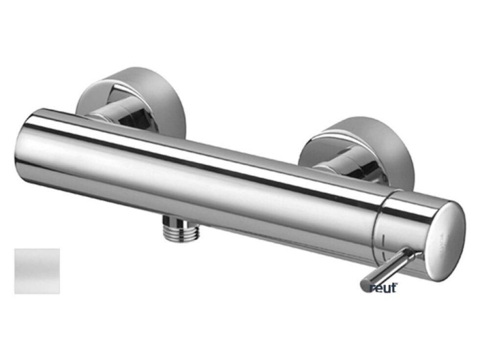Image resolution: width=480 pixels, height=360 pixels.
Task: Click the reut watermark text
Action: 384,288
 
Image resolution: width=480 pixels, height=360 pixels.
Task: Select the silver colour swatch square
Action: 37,271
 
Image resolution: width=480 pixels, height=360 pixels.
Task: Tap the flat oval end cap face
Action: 447,240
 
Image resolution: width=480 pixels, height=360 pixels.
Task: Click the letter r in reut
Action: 372,288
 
